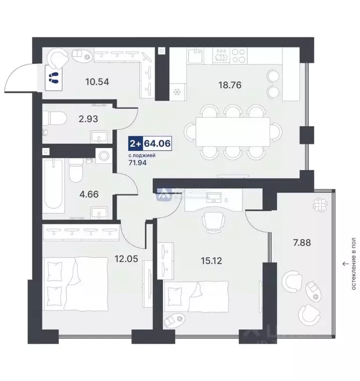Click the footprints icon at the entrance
click(x=53, y=77)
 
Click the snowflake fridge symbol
click(x=177, y=92)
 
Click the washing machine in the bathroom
click(x=104, y=155)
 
